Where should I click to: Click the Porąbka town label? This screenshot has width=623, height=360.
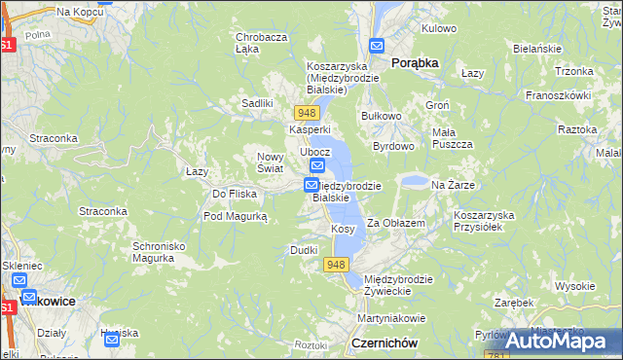click(x=415, y=62)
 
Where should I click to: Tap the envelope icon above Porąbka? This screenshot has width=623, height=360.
click(x=377, y=45)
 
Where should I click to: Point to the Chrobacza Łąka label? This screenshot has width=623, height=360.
click(x=261, y=43)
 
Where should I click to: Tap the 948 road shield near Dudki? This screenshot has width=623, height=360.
click(x=337, y=265)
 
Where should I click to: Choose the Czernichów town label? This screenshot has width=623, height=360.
click(x=385, y=343)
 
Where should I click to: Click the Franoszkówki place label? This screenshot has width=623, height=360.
click(x=559, y=95)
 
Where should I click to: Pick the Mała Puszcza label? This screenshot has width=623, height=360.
click(x=452, y=138)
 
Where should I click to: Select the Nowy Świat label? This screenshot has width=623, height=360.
click(x=270, y=162)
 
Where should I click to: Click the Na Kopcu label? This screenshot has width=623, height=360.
click(x=81, y=12)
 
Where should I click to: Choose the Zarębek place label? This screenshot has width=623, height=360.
click(x=514, y=303)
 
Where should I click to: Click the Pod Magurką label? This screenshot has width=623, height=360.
click(x=235, y=216)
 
